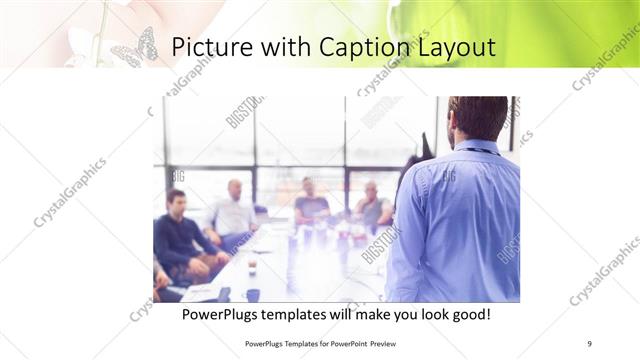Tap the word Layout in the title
pyautogui.click(x=457, y=47)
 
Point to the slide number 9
pyautogui.click(x=589, y=343)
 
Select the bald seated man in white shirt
pyautogui.click(x=232, y=212)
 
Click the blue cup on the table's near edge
pyautogui.click(x=252, y=294)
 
